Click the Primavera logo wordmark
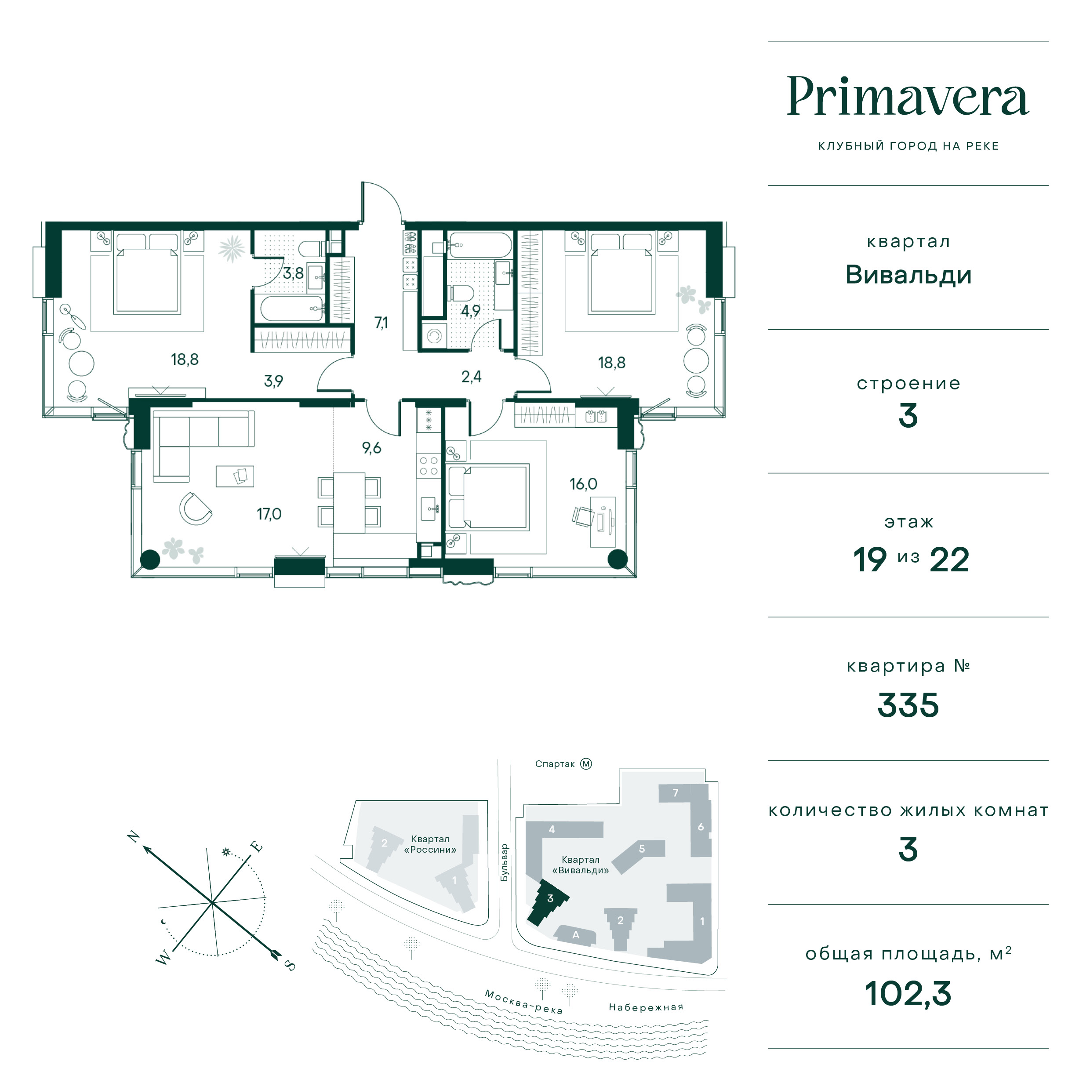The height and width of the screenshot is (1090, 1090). click(x=908, y=97)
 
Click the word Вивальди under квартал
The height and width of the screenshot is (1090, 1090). click(x=908, y=275)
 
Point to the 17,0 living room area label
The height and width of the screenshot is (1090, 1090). click(x=269, y=514)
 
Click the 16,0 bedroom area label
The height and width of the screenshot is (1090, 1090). click(x=583, y=484)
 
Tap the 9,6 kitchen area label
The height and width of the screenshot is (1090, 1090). click(x=372, y=448)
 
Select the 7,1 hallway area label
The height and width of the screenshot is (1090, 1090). click(x=381, y=323)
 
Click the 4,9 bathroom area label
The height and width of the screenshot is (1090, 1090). click(x=471, y=311)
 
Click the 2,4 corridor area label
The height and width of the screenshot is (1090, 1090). click(x=471, y=377)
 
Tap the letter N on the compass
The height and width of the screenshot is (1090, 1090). click(x=134, y=836)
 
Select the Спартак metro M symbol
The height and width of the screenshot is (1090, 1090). click(x=586, y=764)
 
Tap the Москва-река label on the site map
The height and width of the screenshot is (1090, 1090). click(x=523, y=1001)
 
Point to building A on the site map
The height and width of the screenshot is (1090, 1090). click(x=575, y=935)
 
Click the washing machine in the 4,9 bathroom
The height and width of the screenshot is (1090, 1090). click(x=434, y=336)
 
